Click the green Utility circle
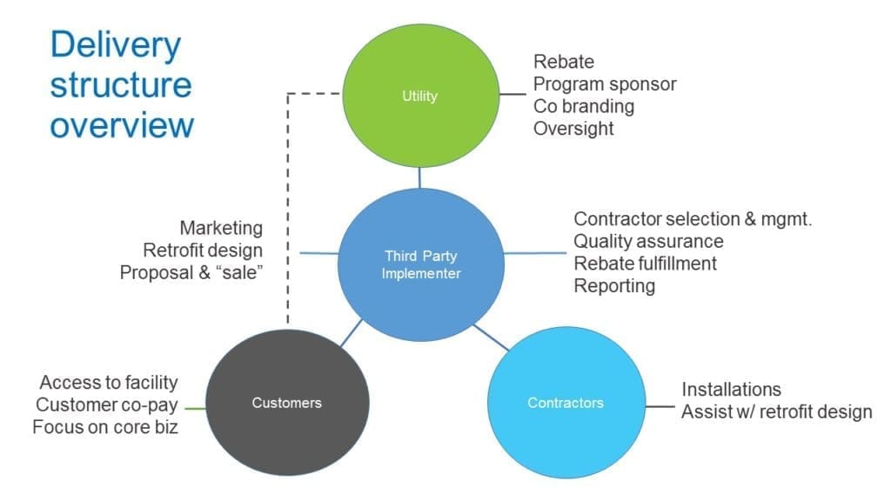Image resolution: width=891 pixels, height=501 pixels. (x=420, y=96)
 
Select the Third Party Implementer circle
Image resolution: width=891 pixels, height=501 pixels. (x=422, y=264)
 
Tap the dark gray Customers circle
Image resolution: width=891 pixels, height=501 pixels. (x=286, y=403)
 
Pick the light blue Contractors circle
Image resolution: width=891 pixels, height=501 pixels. (x=565, y=403)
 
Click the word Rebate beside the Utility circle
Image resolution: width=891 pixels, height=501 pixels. (x=563, y=62)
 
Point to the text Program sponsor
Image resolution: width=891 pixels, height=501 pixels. (x=604, y=84)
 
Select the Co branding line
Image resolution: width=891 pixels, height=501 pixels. (x=583, y=106)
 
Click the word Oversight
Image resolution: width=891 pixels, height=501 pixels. (x=573, y=129)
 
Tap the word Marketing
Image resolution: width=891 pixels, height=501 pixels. (x=221, y=228)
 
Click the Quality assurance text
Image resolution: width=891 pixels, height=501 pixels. (x=648, y=241)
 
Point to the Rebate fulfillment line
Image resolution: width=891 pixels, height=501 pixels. (x=646, y=264)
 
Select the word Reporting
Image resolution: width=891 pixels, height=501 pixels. (x=614, y=286)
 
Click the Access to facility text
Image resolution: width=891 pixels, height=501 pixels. (x=109, y=382)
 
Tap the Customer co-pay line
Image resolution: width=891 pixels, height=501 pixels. (x=106, y=404)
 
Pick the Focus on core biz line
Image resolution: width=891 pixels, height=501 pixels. (x=105, y=427)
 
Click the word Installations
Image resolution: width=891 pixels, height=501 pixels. (x=731, y=389)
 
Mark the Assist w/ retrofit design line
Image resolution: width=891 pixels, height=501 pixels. (x=776, y=411)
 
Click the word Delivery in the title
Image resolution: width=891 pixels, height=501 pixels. (x=115, y=45)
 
